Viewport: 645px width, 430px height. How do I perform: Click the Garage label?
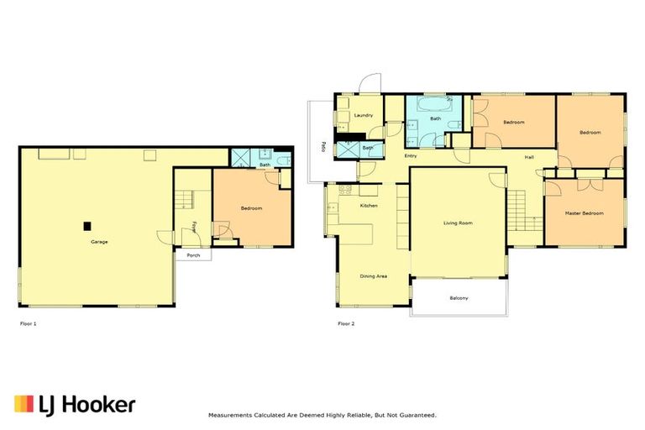pos(99,242)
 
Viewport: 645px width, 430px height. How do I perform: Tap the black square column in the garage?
pos(87,224)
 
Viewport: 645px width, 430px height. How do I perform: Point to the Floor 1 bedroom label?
pos(252,208)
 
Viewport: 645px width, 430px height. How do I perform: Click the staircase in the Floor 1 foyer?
pos(186,200)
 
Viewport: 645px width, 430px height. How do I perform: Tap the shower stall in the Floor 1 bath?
pos(241,157)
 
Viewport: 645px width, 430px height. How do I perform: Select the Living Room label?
pos(459,223)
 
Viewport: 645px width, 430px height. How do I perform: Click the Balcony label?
pos(459,299)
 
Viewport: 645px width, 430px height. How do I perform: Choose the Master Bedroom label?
pos(584,213)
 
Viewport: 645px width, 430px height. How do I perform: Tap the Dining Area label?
pos(373,276)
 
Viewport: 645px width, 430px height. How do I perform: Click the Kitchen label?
pos(369,206)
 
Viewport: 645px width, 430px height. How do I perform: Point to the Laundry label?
pos(363,115)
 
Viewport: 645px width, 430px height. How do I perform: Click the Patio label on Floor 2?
pos(322,148)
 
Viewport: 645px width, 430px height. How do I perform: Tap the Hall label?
pos(529,157)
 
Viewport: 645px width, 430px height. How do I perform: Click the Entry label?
pos(411,156)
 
